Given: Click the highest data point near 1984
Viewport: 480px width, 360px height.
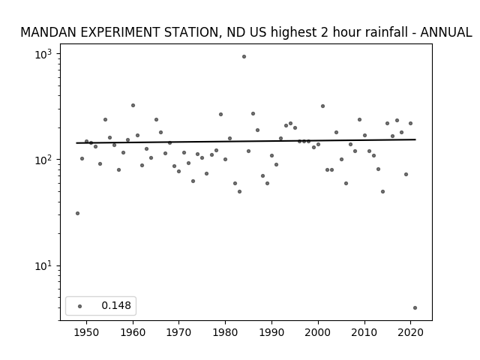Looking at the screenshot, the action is (x=244, y=57).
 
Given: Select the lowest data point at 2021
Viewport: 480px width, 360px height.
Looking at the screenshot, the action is (x=415, y=308).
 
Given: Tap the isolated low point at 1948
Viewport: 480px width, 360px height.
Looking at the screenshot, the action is (x=77, y=213).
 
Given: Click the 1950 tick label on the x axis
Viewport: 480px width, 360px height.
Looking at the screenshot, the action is (x=87, y=332).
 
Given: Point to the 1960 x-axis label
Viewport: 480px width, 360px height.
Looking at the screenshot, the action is (x=133, y=332).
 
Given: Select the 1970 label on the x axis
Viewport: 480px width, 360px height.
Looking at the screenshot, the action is (x=179, y=332).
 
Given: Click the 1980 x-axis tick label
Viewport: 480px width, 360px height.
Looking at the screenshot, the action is (x=225, y=332).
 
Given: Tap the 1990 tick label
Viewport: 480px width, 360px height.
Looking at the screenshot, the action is (x=271, y=332).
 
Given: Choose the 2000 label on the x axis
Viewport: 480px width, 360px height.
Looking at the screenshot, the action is (x=318, y=332).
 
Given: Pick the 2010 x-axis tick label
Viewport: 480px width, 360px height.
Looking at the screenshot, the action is (x=364, y=332).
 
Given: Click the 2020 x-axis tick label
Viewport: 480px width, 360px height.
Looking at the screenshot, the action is (x=410, y=332).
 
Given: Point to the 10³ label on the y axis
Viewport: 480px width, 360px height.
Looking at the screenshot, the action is (x=43, y=55).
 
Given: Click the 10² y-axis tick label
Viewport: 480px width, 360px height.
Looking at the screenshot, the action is (x=43, y=160).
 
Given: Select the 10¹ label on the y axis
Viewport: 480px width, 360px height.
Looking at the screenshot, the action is (x=43, y=266).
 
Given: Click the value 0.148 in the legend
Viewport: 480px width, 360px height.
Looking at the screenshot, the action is (x=116, y=305).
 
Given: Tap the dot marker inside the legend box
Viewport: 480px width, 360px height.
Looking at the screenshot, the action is (x=80, y=307).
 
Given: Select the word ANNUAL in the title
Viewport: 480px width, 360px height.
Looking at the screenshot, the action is (x=446, y=32).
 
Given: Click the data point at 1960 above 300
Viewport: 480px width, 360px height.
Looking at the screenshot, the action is (x=133, y=105).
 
